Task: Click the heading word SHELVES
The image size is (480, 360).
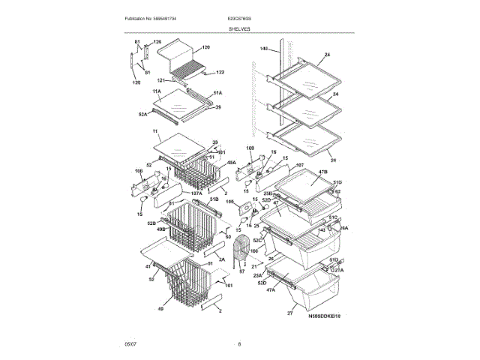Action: (240, 29)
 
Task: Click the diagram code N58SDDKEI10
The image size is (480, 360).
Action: (324, 316)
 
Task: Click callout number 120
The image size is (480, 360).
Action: (205, 46)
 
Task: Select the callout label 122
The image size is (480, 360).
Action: (220, 73)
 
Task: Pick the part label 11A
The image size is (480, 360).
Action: (157, 91)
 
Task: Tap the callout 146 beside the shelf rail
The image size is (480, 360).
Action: (263, 49)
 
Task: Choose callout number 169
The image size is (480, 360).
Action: (230, 202)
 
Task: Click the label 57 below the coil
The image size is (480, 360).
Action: (241, 271)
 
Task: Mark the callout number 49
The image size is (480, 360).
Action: (160, 308)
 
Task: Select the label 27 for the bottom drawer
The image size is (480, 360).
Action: (289, 313)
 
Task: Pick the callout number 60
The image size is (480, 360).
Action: (228, 236)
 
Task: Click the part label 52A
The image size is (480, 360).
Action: (142, 114)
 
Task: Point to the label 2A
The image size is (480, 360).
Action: (200, 259)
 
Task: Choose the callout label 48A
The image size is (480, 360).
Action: (232, 162)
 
